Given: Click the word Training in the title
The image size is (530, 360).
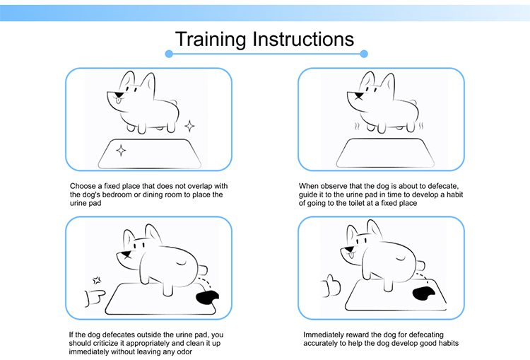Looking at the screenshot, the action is tap(211, 39).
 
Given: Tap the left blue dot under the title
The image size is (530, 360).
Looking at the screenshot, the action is tap(169, 54).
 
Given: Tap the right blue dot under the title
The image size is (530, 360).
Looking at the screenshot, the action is tap(364, 54).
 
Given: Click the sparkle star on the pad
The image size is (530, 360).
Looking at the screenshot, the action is tap(121, 150).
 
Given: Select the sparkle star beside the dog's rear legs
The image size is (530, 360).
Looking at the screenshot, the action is tap(189, 126).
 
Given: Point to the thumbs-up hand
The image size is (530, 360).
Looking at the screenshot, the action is tap(331, 286).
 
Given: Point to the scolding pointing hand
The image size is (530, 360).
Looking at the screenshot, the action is tap(95, 298).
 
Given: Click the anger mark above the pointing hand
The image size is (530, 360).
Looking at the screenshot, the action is tap(97, 280).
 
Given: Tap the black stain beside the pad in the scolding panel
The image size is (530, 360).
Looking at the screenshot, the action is tap(207, 297).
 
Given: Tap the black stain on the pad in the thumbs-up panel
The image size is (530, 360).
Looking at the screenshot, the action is tap(423, 293).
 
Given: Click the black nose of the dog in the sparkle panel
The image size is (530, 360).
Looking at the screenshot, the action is tap(119, 95).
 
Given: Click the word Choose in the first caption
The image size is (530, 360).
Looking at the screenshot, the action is tap(83, 186).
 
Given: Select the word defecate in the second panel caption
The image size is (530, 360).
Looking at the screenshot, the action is tap(443, 186).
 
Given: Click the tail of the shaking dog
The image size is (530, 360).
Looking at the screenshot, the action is tap(413, 102).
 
